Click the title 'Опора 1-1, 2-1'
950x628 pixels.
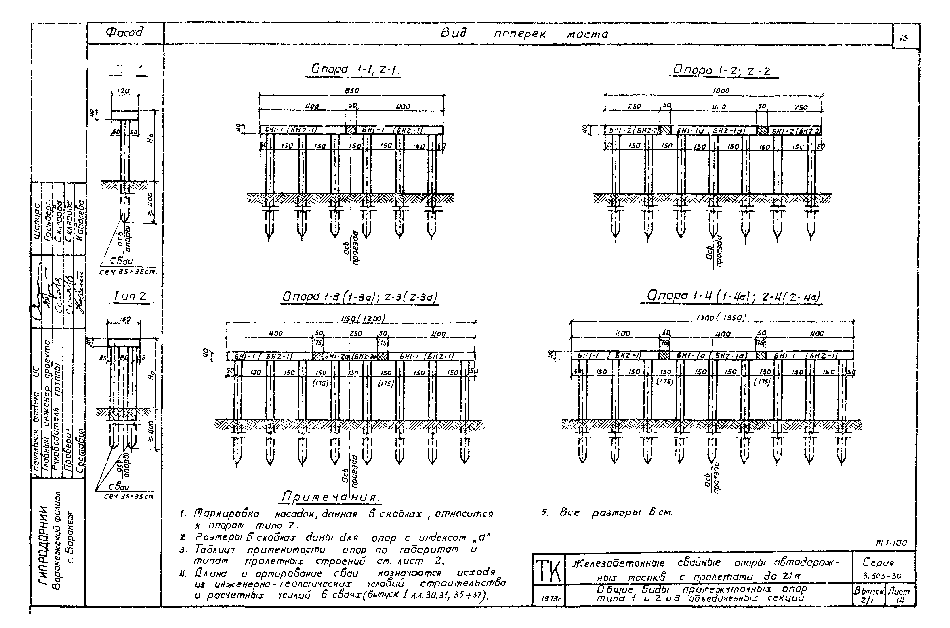pyautogui.click(x=356, y=70)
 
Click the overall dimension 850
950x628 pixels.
pyautogui.click(x=352, y=91)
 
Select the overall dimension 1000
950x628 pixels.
pyautogui.click(x=721, y=91)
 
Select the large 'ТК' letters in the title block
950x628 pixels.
pyautogui.click(x=548, y=571)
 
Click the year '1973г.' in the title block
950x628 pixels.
pyautogui.click(x=547, y=600)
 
